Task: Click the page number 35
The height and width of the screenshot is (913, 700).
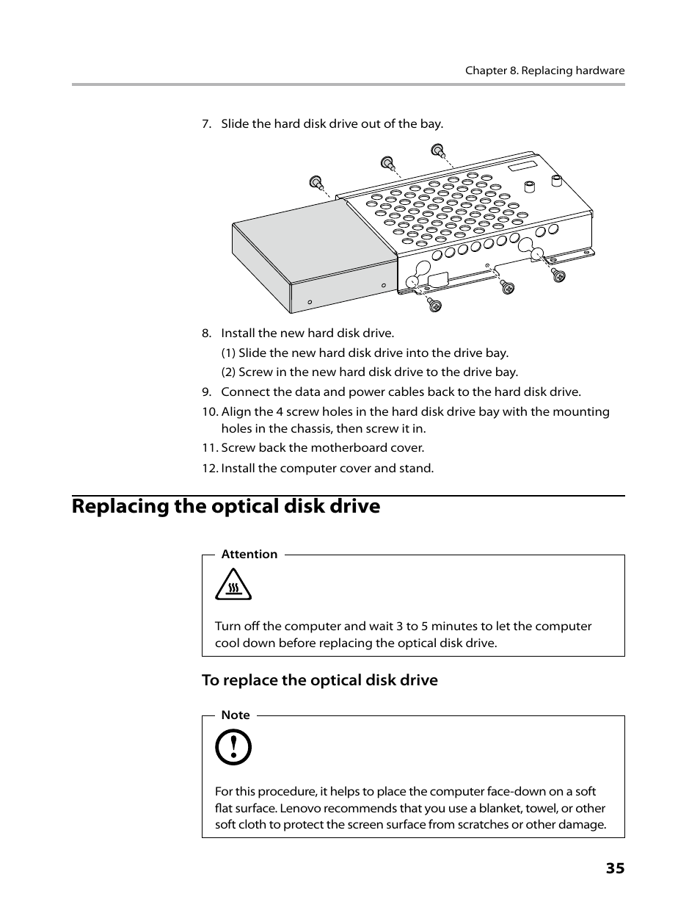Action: (x=615, y=868)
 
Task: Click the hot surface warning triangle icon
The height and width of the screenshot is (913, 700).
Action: (x=233, y=586)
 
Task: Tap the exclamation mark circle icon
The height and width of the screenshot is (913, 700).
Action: (x=233, y=748)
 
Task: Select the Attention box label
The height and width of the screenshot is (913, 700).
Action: (x=249, y=555)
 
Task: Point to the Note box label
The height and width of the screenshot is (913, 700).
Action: (x=236, y=715)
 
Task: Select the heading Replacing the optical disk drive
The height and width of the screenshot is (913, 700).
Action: (x=226, y=506)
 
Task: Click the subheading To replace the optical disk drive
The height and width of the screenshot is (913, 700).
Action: (x=320, y=680)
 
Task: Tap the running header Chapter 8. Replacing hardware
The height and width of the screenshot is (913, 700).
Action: (x=544, y=71)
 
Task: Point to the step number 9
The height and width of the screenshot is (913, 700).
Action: (x=207, y=392)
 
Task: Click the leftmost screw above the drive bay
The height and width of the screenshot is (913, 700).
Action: (x=316, y=181)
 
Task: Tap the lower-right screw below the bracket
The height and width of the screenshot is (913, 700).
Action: (x=558, y=275)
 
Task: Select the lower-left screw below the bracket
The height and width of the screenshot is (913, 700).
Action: (x=434, y=305)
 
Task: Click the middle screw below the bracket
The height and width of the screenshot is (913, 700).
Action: (x=508, y=287)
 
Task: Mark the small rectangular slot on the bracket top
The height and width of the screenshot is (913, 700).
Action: (x=524, y=165)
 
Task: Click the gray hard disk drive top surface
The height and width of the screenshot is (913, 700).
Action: (x=316, y=235)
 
